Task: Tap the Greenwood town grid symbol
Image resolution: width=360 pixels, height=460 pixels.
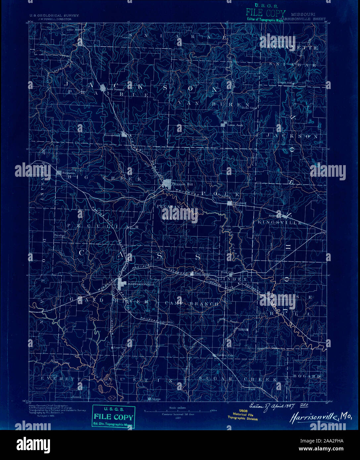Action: pos(124,134)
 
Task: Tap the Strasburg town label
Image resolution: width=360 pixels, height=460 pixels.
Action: pos(240,203)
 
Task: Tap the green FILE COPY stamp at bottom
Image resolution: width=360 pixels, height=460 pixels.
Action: pos(114,416)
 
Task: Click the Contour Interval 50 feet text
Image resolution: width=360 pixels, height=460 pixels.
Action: pos(178,414)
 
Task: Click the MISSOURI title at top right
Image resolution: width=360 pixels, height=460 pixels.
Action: pos(303,15)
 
